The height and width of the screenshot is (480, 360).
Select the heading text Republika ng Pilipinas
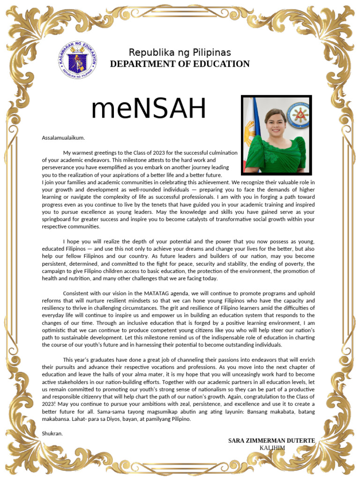180,52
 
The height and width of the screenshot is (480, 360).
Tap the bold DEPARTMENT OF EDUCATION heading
180,64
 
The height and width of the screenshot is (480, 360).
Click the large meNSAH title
149,109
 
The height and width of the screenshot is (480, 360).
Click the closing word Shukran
52,433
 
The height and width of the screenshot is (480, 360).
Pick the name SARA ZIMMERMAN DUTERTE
271,441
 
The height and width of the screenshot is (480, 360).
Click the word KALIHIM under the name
272,448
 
